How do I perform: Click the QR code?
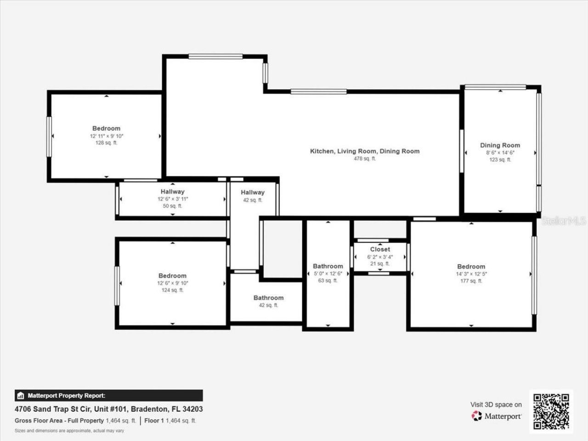(551, 412)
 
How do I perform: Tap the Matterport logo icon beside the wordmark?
(476, 416)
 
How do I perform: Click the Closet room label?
(380, 249)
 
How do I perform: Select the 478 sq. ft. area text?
(365, 159)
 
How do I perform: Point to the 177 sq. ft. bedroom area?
(471, 281)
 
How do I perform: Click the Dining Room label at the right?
(500, 145)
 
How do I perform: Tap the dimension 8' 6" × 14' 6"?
(500, 153)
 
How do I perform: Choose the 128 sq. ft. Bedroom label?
(106, 129)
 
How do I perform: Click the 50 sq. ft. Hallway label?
(172, 192)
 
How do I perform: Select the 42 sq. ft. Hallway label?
(253, 192)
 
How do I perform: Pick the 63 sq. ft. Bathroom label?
(328, 266)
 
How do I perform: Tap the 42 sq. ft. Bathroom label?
(269, 298)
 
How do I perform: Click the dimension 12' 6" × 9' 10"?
(173, 283)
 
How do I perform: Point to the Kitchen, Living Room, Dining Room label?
(365, 151)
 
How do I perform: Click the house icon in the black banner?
(20, 396)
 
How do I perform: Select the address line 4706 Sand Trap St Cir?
(109, 409)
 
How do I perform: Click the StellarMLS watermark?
(564, 221)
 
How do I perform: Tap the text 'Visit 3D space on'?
(496, 405)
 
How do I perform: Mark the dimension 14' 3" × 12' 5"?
(471, 274)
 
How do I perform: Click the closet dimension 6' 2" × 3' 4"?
(380, 257)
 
